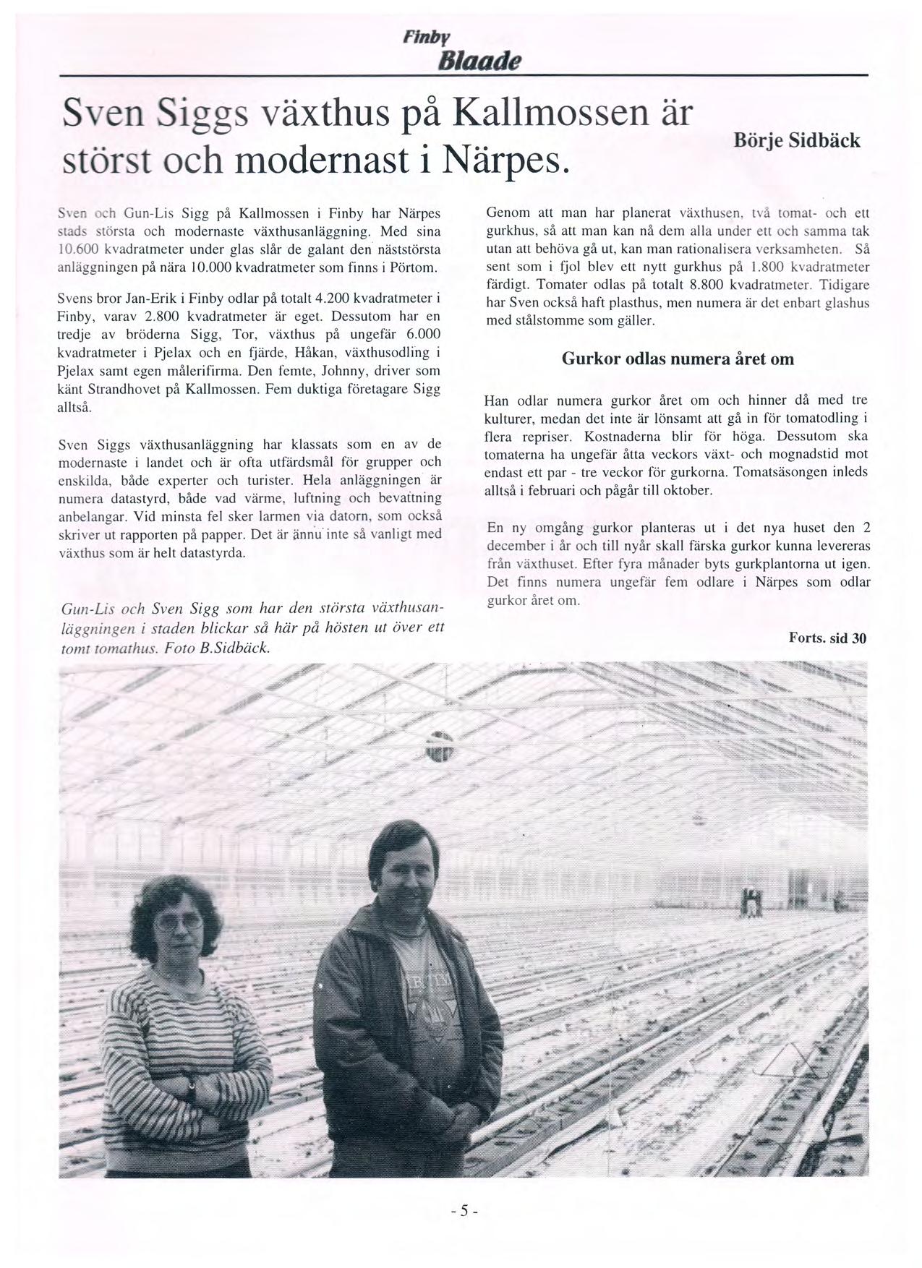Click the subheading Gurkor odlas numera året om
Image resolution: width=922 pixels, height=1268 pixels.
pyautogui.click(x=678, y=359)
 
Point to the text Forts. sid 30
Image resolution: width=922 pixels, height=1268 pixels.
pyautogui.click(x=827, y=638)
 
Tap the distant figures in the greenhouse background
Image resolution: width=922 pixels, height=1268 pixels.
pyautogui.click(x=752, y=902)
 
